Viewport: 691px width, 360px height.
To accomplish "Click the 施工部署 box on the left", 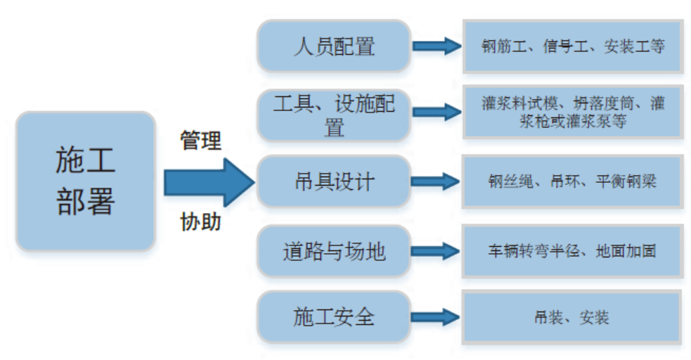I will pyautogui.click(x=85, y=181).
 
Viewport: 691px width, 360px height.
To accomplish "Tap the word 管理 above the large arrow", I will pyautogui.click(x=201, y=141).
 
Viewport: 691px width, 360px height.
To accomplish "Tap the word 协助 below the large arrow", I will pyautogui.click(x=201, y=222).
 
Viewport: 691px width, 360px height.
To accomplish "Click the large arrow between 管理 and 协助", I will pyautogui.click(x=208, y=182).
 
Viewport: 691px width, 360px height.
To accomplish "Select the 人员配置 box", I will pyautogui.click(x=333, y=46).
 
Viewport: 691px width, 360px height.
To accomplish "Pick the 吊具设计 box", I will pyautogui.click(x=333, y=182).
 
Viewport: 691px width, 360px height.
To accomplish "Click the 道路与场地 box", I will pyautogui.click(x=333, y=251).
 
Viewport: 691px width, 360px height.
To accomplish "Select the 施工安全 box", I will pyautogui.click(x=333, y=317).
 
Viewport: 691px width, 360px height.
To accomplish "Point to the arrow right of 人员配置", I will pyautogui.click(x=436, y=46).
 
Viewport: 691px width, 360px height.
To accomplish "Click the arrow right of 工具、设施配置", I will pyautogui.click(x=436, y=112).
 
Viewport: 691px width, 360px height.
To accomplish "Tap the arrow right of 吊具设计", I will pyautogui.click(x=436, y=182).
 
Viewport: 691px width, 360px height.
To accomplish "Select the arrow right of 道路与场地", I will pyautogui.click(x=436, y=251).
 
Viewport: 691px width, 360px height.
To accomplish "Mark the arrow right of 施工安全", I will pyautogui.click(x=436, y=317).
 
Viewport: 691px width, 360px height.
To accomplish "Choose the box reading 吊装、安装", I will pyautogui.click(x=571, y=318).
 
